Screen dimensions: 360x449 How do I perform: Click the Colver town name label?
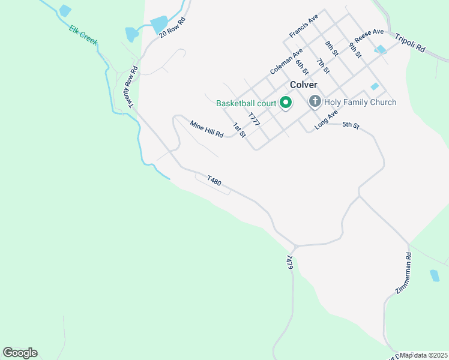303,85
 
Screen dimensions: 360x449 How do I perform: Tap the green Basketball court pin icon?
286,103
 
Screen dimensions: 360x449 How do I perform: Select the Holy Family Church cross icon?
315,102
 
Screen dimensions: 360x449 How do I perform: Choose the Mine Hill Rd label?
206,128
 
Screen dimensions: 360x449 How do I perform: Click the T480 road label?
214,180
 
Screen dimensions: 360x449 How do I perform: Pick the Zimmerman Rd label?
403,273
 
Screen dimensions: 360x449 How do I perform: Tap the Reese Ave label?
369,35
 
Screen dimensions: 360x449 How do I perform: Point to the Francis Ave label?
303,27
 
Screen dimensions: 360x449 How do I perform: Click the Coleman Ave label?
285,62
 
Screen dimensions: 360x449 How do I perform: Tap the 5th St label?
351,125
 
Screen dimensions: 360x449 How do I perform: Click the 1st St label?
240,130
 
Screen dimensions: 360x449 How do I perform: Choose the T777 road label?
254,119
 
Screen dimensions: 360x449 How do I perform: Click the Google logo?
20,352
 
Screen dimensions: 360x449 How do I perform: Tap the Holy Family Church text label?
360,102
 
